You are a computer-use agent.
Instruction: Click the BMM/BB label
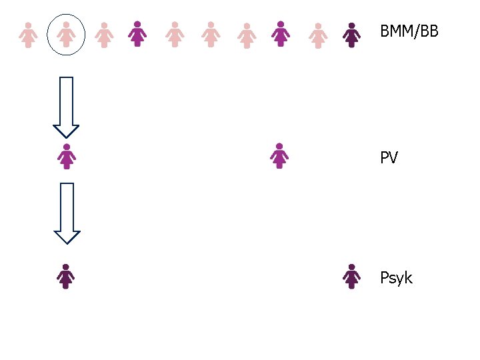click(409, 31)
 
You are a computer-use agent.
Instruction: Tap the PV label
click(389, 159)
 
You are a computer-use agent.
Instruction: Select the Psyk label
click(396, 277)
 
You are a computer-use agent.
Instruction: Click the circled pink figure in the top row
click(66, 35)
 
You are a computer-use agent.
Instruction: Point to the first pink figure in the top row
click(28, 35)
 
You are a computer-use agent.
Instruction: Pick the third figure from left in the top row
click(103, 35)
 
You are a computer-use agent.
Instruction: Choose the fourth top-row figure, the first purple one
click(137, 33)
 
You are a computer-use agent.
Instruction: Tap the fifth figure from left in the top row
click(175, 34)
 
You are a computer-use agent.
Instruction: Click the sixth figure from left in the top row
click(211, 34)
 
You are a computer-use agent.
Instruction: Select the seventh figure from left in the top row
click(247, 35)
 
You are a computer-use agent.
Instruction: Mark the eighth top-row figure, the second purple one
click(281, 33)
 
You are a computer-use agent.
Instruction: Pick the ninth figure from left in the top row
click(318, 35)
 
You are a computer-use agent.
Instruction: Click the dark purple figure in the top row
click(351, 35)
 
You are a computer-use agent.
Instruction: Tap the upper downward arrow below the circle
click(66, 107)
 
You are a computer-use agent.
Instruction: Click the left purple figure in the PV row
click(66, 156)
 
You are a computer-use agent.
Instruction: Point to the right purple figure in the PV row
click(280, 155)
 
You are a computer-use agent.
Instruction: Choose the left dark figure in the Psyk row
click(65, 277)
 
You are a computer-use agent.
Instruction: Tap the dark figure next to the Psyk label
click(351, 277)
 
